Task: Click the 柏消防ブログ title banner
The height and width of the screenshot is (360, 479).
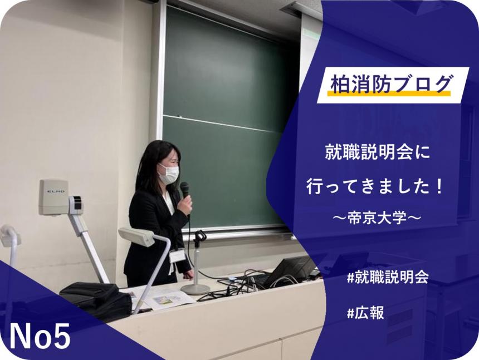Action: [389, 85]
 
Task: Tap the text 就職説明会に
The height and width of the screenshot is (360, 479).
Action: [378, 152]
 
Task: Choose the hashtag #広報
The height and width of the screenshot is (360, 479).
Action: [365, 313]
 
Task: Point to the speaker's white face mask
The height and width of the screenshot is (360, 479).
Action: [169, 174]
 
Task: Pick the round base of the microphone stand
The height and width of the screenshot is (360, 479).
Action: [195, 289]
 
